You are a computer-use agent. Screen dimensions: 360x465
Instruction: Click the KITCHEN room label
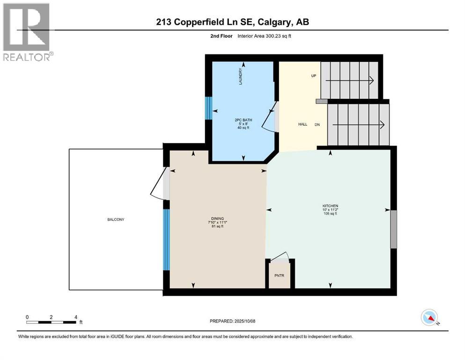coord(330,206)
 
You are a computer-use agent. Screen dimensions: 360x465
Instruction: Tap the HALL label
coord(303,124)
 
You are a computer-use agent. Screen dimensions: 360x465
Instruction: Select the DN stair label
coord(317,125)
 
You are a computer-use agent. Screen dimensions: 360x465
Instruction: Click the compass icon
coord(429,317)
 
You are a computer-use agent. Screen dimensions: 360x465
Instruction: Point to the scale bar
coord(52,322)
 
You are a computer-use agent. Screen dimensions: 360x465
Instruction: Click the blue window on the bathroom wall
coord(209,109)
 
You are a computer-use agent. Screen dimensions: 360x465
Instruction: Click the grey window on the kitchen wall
coord(393,229)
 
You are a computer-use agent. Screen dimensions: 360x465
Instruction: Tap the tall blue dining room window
coord(166,239)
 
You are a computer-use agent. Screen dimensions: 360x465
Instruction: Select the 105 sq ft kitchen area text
coord(330,214)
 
